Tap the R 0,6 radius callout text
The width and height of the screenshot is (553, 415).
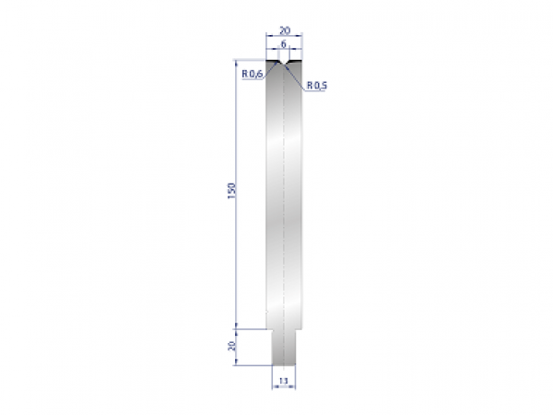coord(253,74)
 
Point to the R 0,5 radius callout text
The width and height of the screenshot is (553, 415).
coord(317,86)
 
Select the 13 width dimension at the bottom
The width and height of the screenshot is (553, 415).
coord(284,379)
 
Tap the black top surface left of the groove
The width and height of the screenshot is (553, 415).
coord(272,61)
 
